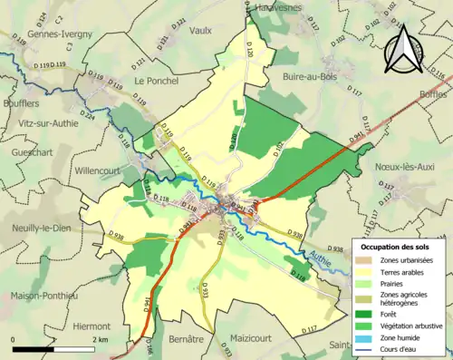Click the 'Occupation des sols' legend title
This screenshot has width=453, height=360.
point(397,246)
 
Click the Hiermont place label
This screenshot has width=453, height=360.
point(92,324)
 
